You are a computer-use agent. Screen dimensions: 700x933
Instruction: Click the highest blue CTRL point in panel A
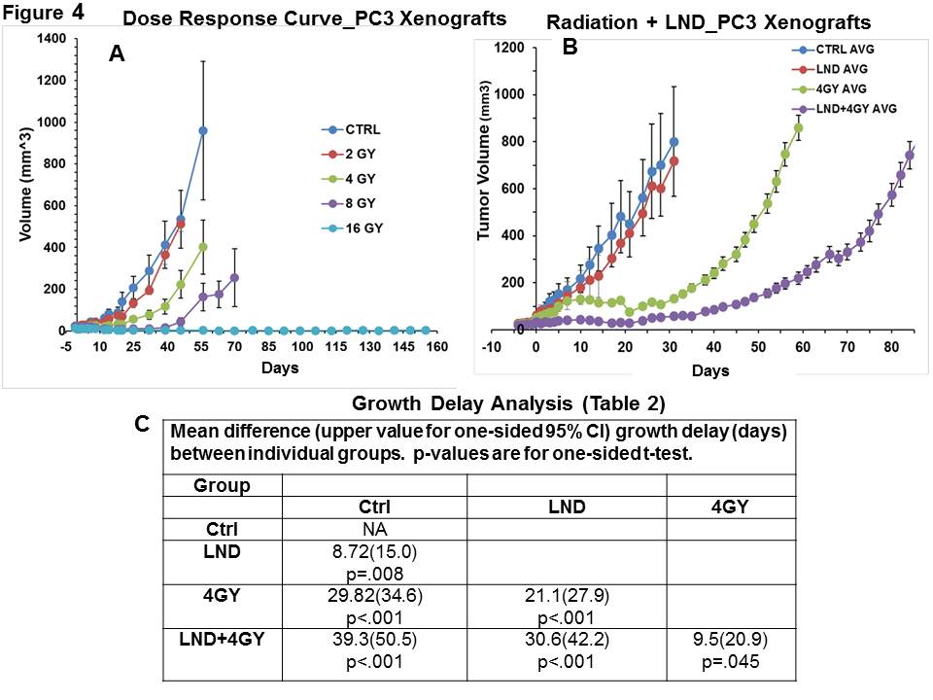(x=203, y=130)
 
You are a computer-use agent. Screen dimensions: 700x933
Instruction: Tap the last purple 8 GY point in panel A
(x=234, y=277)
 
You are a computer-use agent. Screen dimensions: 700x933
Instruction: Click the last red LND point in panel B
(x=674, y=160)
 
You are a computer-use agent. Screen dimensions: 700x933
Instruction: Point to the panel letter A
(x=116, y=56)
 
